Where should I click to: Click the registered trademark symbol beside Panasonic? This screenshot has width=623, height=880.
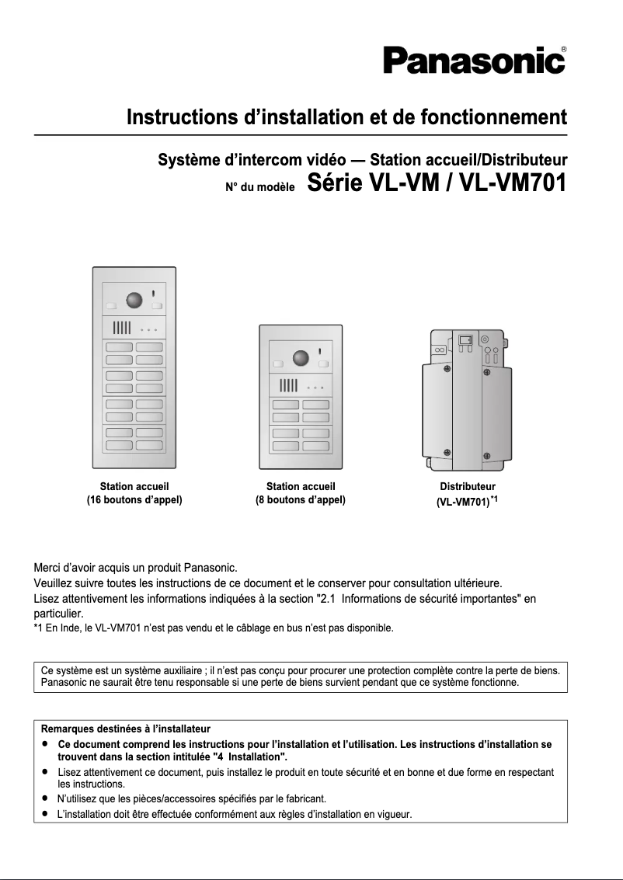[x=563, y=49]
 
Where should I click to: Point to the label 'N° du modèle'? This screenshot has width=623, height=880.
[x=259, y=187]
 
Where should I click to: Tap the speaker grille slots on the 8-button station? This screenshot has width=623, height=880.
[x=288, y=385]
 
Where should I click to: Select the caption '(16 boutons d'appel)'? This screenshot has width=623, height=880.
[x=134, y=500]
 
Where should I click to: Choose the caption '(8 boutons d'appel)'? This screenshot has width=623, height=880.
[x=301, y=500]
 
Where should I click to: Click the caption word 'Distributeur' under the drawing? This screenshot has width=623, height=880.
[x=468, y=487]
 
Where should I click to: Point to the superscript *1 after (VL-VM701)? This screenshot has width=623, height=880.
[x=493, y=499]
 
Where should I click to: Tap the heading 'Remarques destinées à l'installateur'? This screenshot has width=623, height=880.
[x=125, y=729]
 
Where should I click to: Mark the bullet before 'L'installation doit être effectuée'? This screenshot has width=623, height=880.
[x=46, y=814]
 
